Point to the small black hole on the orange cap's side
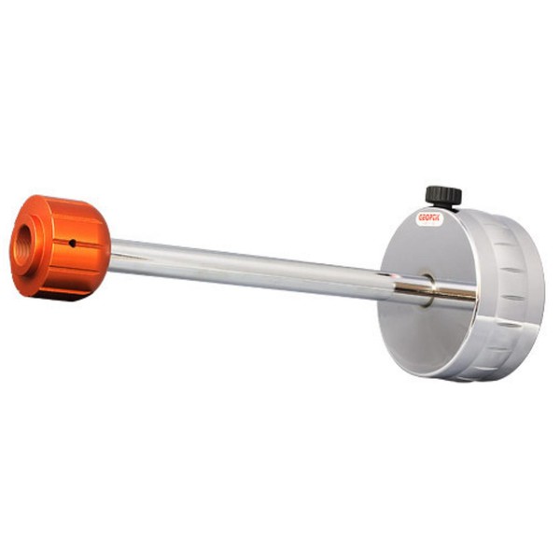71,244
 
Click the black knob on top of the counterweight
443,195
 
